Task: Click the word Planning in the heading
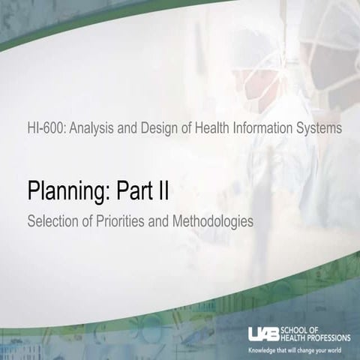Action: coord(67,192)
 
